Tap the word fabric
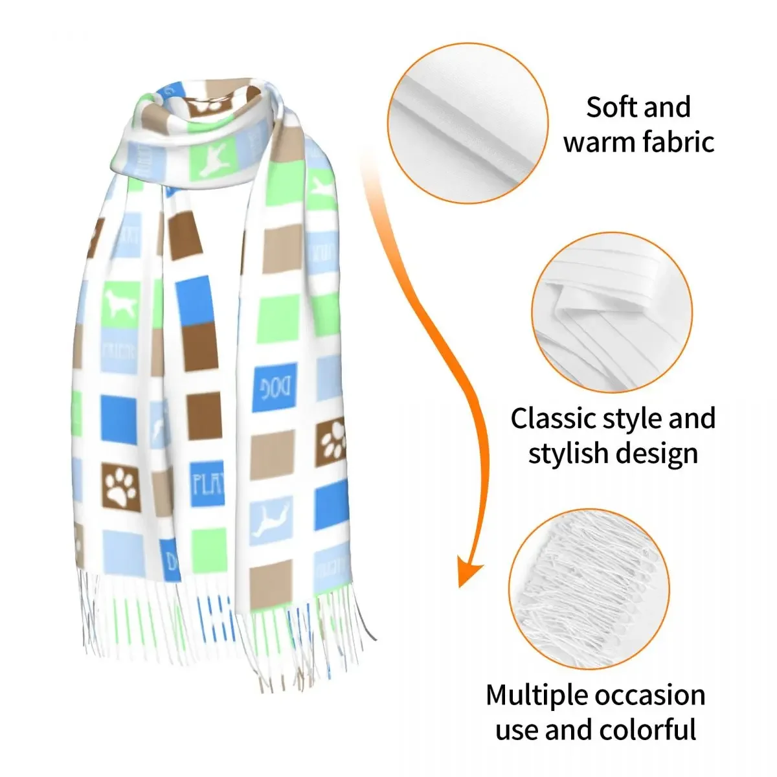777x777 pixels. point(677,142)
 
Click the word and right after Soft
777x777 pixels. point(668,107)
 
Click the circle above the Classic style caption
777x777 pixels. point(612,313)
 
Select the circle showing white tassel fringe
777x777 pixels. point(589,589)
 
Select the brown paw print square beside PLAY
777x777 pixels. point(121,487)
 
